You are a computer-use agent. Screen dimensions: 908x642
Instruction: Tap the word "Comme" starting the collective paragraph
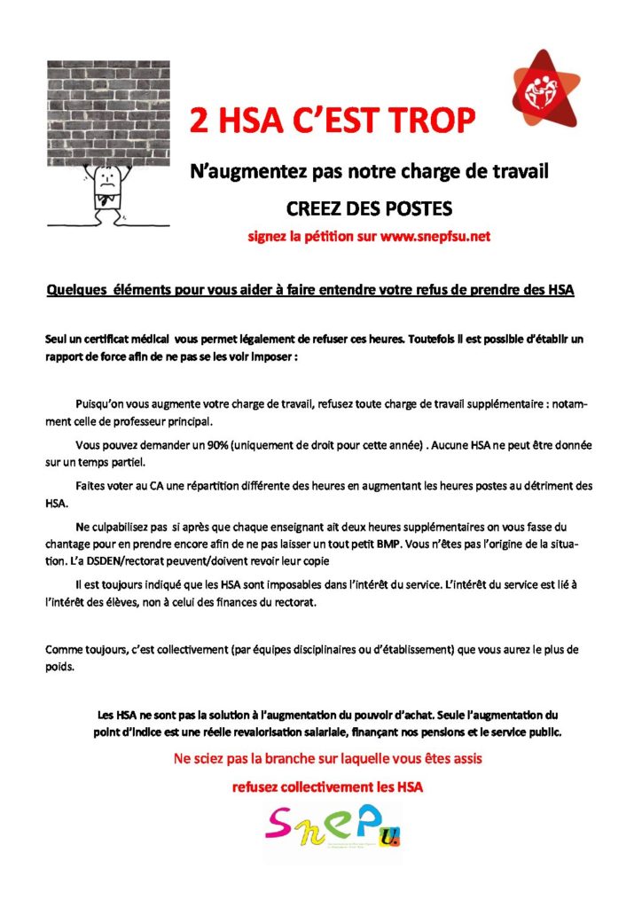(x=61, y=650)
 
